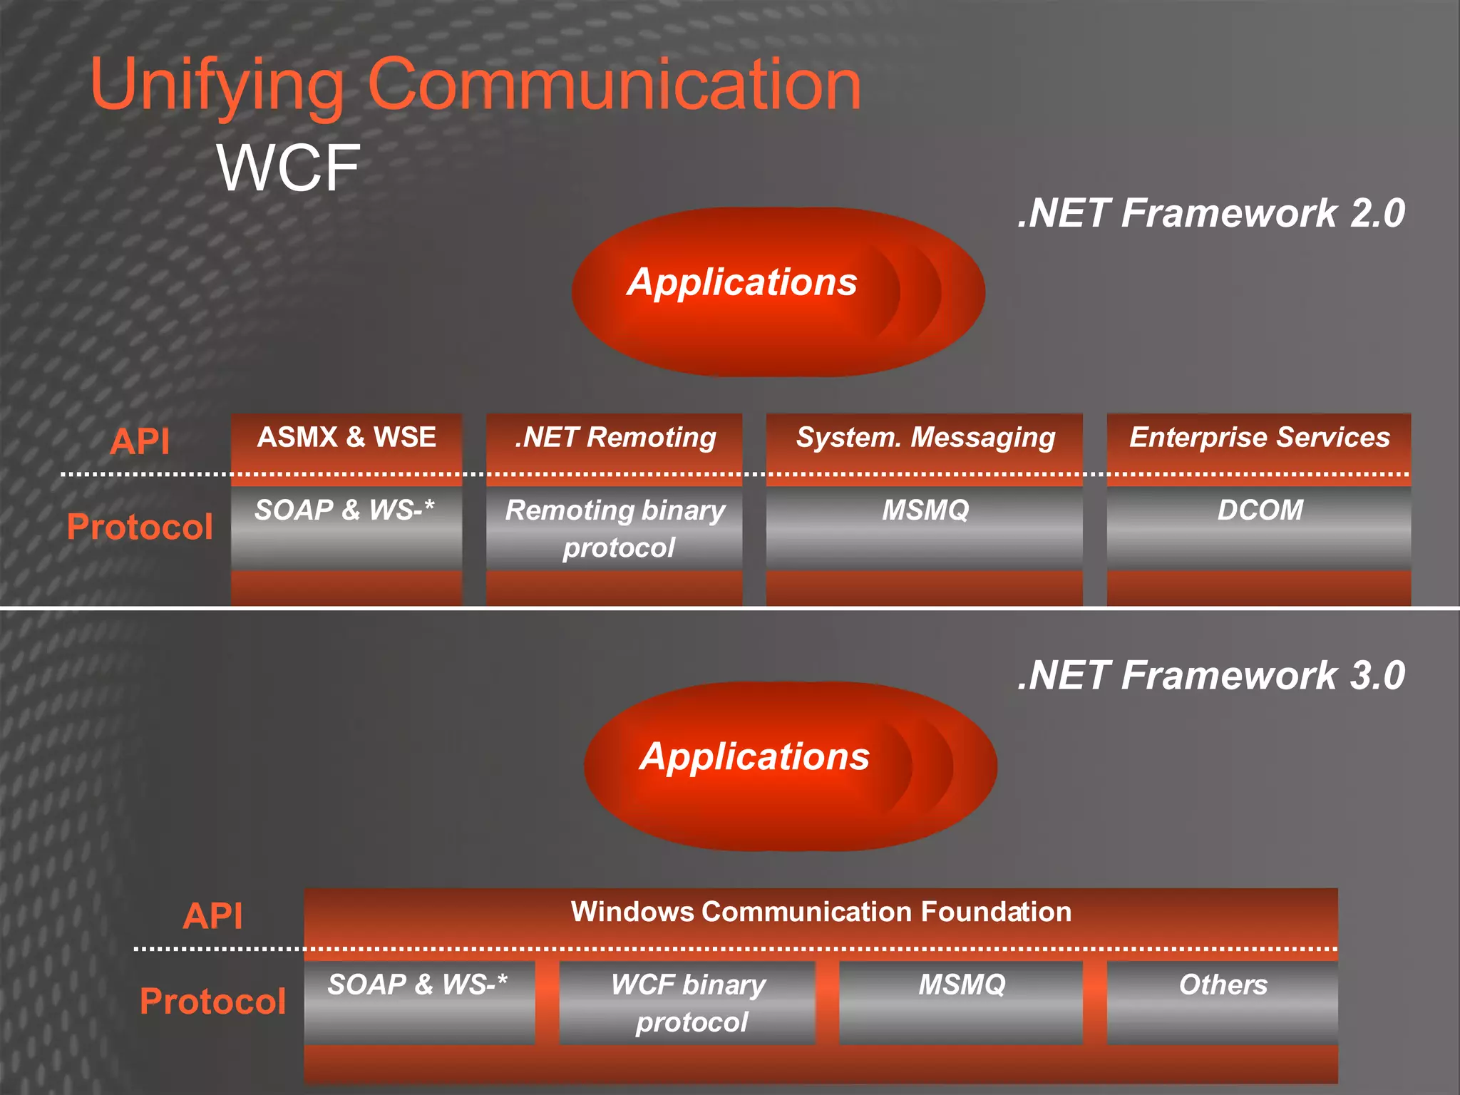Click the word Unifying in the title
(217, 86)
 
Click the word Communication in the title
(614, 86)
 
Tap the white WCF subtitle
(288, 168)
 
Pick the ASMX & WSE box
(346, 438)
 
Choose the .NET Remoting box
(615, 438)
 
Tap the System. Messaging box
(925, 438)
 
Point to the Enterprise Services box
(1259, 438)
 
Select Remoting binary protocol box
(615, 528)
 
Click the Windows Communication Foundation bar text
(821, 912)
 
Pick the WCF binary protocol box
(688, 1002)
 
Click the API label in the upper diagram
(140, 441)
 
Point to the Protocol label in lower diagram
(212, 1001)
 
